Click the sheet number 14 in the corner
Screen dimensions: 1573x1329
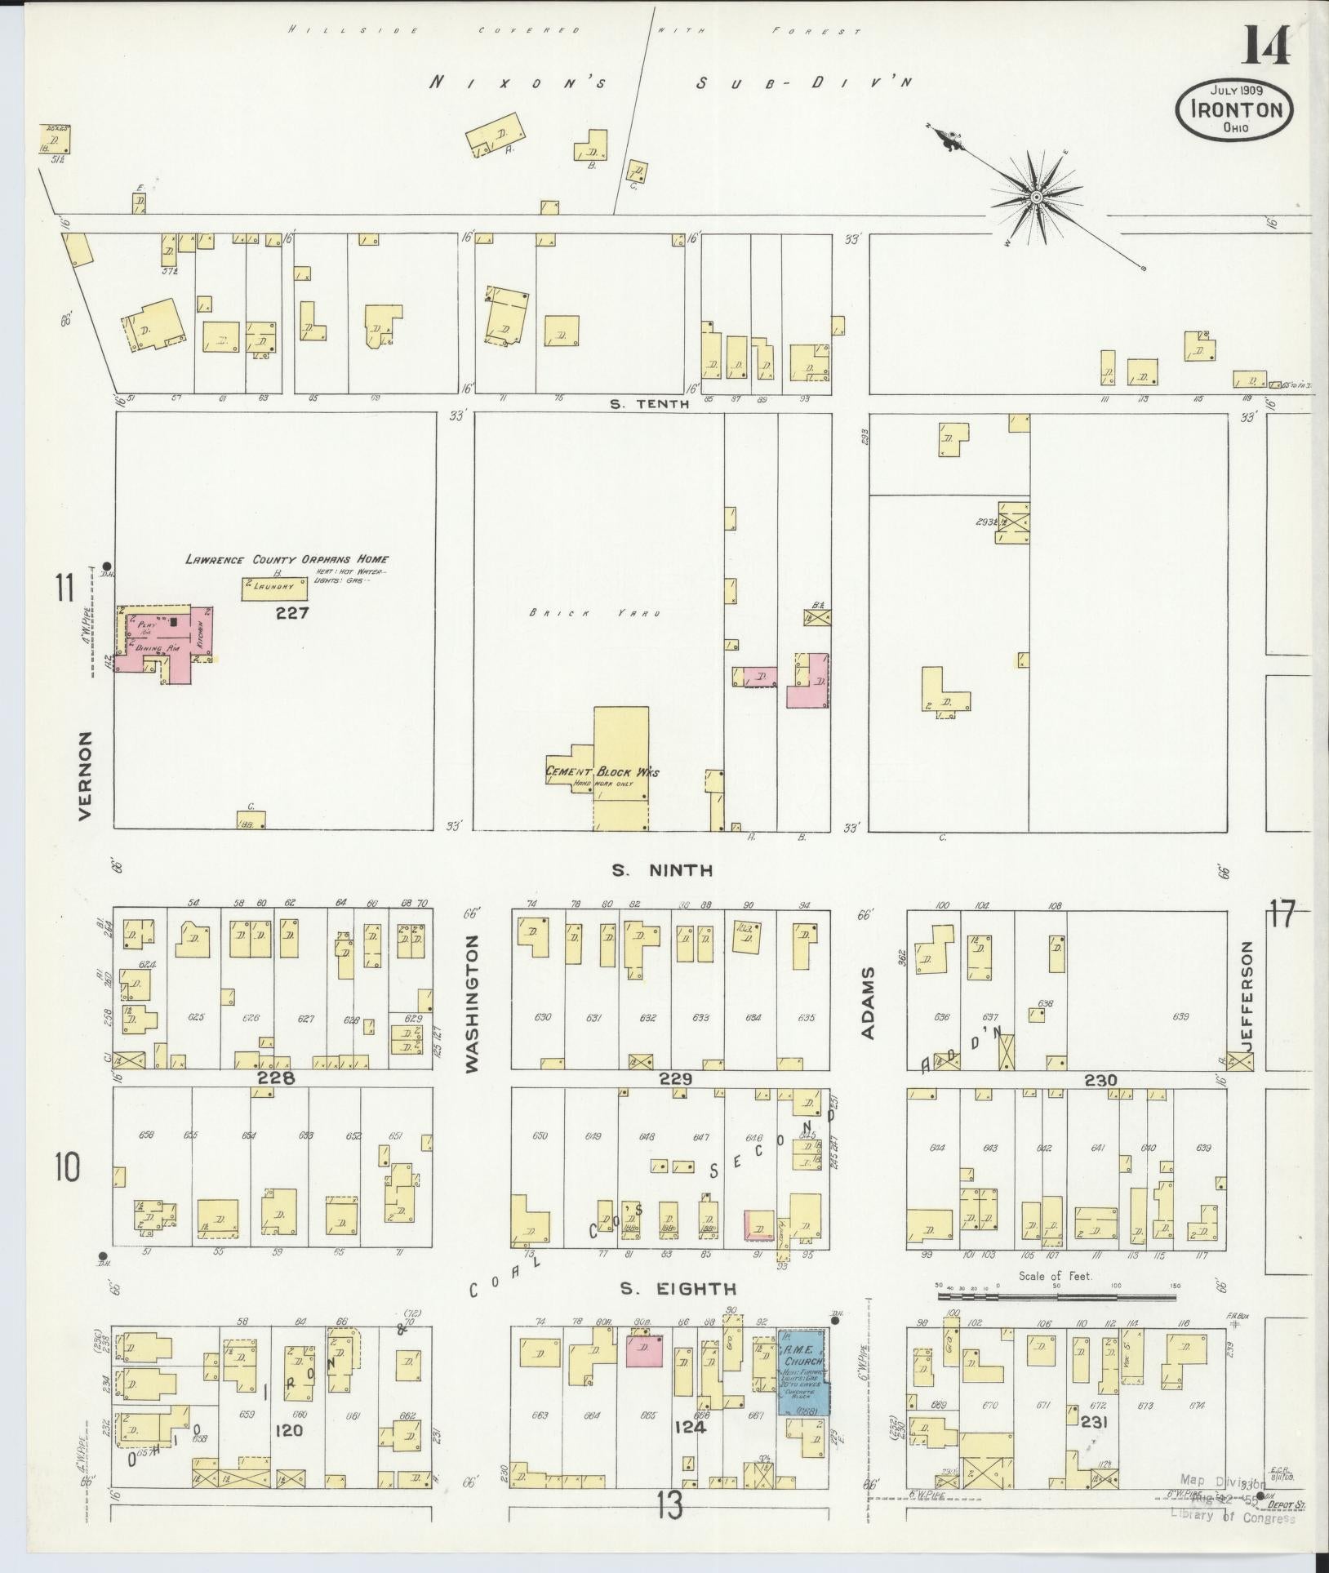1266,46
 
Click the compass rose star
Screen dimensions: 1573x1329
1035,197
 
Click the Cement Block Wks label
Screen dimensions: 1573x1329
602,772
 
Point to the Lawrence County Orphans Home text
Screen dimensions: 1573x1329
286,559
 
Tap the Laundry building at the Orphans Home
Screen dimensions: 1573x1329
273,588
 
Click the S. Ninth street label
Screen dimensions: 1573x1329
662,871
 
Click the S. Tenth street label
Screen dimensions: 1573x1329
650,403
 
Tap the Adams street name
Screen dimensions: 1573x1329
868,1003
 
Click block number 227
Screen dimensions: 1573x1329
291,612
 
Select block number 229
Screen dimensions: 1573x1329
676,1079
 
